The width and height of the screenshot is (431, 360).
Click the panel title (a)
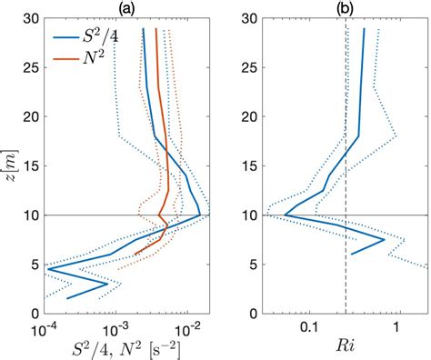(126, 8)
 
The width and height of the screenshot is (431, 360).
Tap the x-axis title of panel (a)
(126, 347)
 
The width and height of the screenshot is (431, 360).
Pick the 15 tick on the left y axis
(29, 166)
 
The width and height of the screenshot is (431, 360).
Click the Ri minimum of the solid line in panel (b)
(285, 215)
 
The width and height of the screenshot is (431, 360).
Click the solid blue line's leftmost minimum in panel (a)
(47, 268)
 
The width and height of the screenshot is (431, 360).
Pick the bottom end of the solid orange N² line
(135, 254)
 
